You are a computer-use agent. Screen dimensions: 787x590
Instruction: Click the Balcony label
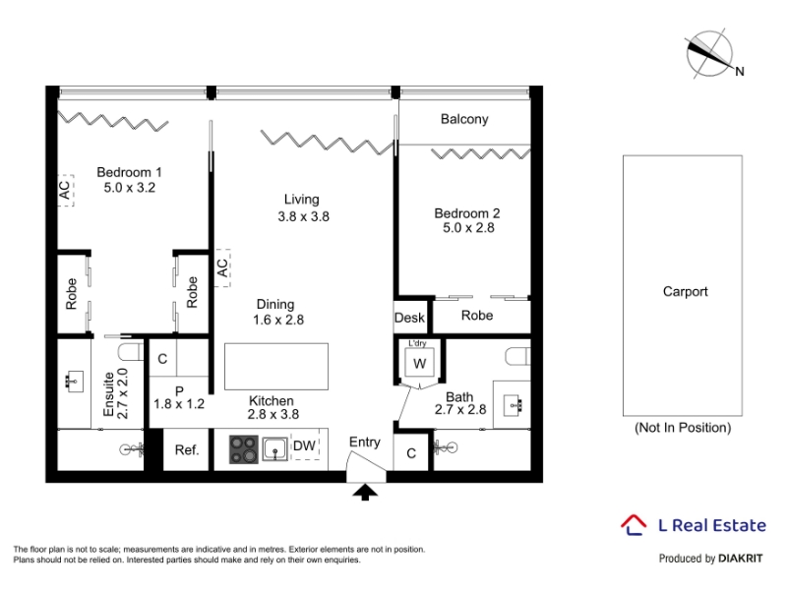(x=464, y=119)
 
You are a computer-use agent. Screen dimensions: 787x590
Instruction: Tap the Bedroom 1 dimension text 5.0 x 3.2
(x=130, y=188)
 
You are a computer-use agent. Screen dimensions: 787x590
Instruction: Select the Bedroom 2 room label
(x=466, y=213)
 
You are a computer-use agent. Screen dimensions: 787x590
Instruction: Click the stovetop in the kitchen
(x=244, y=449)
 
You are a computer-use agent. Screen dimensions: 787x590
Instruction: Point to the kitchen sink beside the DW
(x=275, y=449)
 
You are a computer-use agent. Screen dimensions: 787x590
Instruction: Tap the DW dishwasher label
(x=304, y=445)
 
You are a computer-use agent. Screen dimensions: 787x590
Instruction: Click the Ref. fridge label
(x=187, y=450)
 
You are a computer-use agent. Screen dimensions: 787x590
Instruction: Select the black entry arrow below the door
(x=365, y=493)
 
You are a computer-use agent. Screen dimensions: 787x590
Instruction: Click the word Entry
(x=365, y=442)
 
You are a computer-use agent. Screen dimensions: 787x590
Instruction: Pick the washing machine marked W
(x=420, y=363)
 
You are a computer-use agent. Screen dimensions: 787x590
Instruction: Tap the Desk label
(x=409, y=318)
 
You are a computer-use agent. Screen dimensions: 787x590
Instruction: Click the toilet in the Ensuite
(x=132, y=351)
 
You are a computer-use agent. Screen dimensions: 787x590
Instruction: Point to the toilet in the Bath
(x=517, y=356)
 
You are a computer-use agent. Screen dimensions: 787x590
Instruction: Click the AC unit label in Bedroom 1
(x=64, y=190)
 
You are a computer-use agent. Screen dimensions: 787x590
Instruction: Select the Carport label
(x=685, y=291)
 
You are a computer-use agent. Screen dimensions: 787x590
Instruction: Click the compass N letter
(x=740, y=72)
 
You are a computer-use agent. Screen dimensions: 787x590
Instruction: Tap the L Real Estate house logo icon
(x=634, y=525)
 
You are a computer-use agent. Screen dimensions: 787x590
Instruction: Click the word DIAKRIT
(x=741, y=559)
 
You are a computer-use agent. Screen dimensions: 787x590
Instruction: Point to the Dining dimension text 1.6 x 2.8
(x=278, y=320)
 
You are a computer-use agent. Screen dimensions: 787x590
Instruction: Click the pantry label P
(x=179, y=390)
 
